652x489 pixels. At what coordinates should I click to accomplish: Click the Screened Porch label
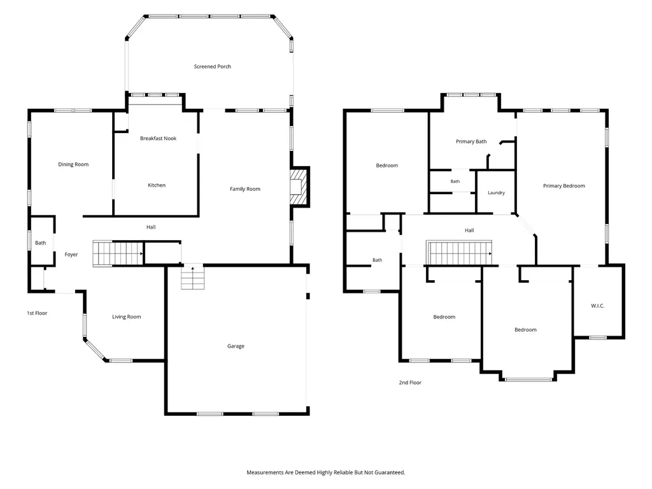[x=213, y=66]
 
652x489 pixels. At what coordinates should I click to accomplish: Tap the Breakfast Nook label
[x=158, y=138]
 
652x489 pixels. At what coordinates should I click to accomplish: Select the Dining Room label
[x=73, y=164]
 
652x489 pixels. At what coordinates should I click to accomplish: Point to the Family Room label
[x=245, y=188]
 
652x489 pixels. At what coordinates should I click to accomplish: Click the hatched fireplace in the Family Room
[x=299, y=187]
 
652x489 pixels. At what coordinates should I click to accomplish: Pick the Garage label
[x=236, y=346]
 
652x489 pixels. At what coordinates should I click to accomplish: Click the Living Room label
[x=127, y=317]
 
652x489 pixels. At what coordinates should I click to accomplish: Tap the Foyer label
[x=71, y=255]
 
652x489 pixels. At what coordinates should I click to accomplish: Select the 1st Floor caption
[x=37, y=313]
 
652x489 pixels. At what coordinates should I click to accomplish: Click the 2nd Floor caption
[x=410, y=383]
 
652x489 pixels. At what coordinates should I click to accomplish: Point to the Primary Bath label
[x=471, y=141]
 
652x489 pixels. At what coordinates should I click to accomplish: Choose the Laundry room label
[x=496, y=193]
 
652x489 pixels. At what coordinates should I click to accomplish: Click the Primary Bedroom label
[x=564, y=186]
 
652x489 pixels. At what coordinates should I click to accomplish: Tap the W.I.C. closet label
[x=597, y=306]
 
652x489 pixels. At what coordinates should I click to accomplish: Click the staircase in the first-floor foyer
[x=118, y=253]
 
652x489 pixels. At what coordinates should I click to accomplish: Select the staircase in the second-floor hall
[x=459, y=253]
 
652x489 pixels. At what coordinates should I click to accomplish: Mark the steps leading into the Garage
[x=192, y=277]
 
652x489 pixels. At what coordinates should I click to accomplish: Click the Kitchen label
[x=157, y=185]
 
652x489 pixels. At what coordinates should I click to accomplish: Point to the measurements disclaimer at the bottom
[x=325, y=472]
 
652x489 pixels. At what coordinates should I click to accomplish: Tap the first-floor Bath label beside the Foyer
[x=40, y=243]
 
